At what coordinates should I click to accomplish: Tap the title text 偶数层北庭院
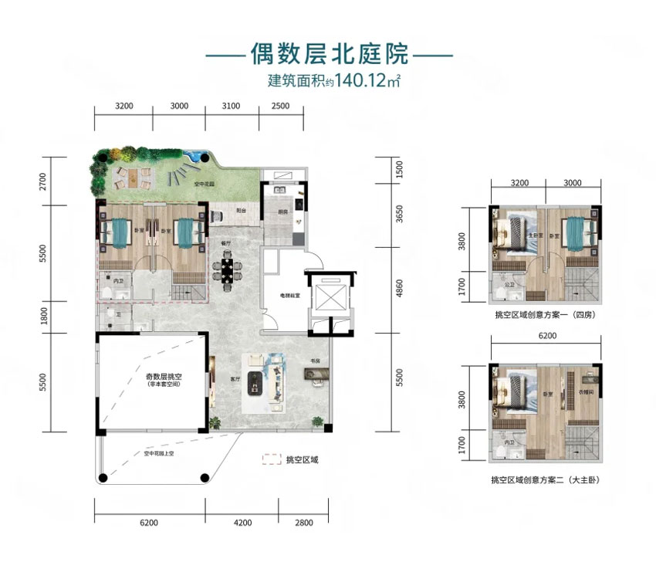click(327, 54)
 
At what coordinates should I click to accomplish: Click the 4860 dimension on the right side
click(399, 289)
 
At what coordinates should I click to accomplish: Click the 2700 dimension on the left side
click(43, 181)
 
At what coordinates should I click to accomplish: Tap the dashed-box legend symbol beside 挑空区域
click(272, 459)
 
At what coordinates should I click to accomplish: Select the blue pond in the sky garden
click(196, 155)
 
